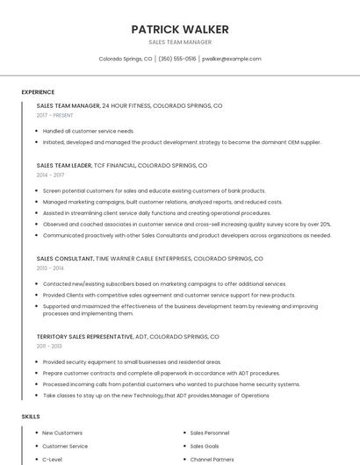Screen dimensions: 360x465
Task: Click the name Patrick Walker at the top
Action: pos(179,29)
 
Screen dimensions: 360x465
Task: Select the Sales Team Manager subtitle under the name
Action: pos(179,42)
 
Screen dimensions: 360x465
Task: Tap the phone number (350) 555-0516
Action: pos(176,59)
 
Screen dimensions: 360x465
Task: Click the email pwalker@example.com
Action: pos(232,59)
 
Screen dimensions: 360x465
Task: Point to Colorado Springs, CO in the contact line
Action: pos(125,59)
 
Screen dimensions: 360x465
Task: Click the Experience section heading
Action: pos(38,92)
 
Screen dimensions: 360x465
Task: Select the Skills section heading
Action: pos(31,417)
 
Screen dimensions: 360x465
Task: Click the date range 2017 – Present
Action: pos(55,115)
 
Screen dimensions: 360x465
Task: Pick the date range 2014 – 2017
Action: pos(50,175)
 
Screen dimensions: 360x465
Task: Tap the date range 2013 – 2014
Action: pos(50,268)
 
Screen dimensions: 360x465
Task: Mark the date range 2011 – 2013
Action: pos(49,346)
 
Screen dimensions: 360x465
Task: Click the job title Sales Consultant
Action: pos(64,259)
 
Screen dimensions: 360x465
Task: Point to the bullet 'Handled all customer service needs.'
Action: pos(88,131)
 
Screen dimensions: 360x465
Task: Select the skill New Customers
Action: pos(62,433)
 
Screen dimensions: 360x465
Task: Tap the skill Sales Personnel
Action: pos(210,433)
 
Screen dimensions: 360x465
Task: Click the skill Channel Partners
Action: pos(212,459)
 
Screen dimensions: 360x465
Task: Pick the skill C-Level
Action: pos(52,459)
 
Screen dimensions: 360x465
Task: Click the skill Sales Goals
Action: pos(205,446)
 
